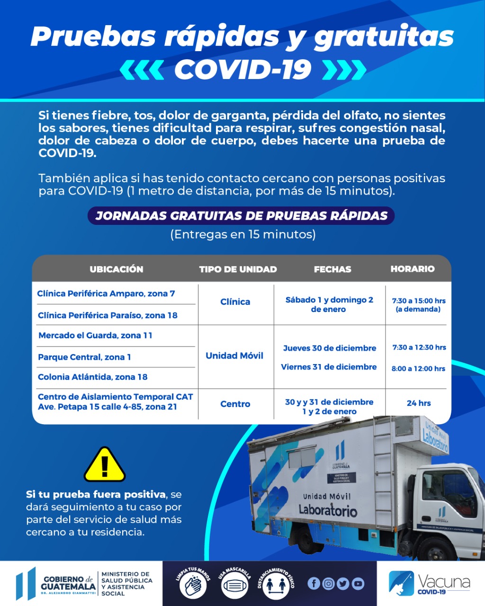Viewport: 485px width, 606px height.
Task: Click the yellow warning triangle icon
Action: tap(105, 465)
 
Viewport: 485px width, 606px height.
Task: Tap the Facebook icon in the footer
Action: tap(314, 584)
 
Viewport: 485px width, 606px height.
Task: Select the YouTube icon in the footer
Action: tap(358, 584)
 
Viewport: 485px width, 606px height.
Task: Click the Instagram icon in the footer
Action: tap(328, 584)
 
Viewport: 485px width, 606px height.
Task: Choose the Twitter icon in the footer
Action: tap(343, 584)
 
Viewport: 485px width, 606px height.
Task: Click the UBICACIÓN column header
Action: tap(117, 269)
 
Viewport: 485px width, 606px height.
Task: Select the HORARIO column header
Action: tap(412, 269)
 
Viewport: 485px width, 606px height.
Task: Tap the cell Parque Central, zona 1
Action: tap(85, 357)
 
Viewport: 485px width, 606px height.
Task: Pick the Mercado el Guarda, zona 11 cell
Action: tap(95, 335)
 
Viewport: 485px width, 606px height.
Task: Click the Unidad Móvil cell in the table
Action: tap(234, 356)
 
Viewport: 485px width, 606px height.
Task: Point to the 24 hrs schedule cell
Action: tap(419, 403)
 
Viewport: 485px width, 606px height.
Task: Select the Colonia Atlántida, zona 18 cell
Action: tap(93, 377)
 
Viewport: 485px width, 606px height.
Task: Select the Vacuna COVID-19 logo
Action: tap(429, 583)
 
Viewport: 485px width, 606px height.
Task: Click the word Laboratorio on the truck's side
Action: tap(328, 510)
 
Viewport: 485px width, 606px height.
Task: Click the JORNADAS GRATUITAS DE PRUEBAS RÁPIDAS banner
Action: tap(241, 216)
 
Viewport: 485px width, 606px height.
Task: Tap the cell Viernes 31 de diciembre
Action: tap(329, 367)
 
